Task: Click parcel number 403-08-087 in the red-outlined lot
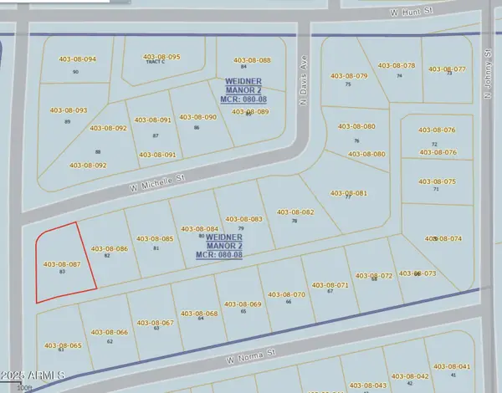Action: pos(61,264)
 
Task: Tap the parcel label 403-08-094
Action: pos(77,59)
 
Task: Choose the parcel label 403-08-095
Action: pos(161,57)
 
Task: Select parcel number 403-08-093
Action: pos(68,110)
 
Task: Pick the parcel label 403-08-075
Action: pos(437,181)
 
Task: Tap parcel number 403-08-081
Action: pos(348,193)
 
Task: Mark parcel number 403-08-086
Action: pos(109,248)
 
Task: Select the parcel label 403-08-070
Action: pos(286,294)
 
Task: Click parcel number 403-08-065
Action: pos(64,345)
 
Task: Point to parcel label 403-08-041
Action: pos(452,366)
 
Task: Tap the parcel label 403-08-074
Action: pos(443,238)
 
